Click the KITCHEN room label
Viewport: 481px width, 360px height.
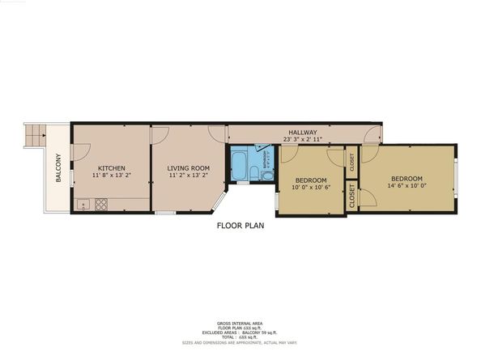pyautogui.click(x=111, y=168)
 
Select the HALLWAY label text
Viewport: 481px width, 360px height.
pyautogui.click(x=303, y=133)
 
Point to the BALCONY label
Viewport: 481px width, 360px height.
pyautogui.click(x=58, y=167)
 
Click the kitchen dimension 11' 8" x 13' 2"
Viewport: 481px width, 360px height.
pyautogui.click(x=111, y=176)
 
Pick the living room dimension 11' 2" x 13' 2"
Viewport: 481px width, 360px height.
pyautogui.click(x=188, y=176)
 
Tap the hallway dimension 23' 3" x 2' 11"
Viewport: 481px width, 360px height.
pyautogui.click(x=303, y=139)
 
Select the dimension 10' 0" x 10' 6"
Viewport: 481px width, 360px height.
pyautogui.click(x=310, y=187)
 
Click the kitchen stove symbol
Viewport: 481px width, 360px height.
pyautogui.click(x=101, y=205)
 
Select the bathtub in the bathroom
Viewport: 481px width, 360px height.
pyautogui.click(x=240, y=167)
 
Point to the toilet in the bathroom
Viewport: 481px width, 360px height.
pyautogui.click(x=267, y=173)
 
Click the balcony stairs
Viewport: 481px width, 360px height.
pyautogui.click(x=34, y=135)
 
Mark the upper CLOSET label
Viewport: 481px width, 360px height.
pyautogui.click(x=351, y=162)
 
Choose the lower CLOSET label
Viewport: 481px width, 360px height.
pyautogui.click(x=351, y=197)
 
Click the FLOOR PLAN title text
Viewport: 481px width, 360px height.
pyautogui.click(x=240, y=226)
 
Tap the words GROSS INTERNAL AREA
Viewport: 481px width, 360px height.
pyautogui.click(x=240, y=322)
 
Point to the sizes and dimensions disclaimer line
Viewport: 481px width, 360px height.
pyautogui.click(x=240, y=342)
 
